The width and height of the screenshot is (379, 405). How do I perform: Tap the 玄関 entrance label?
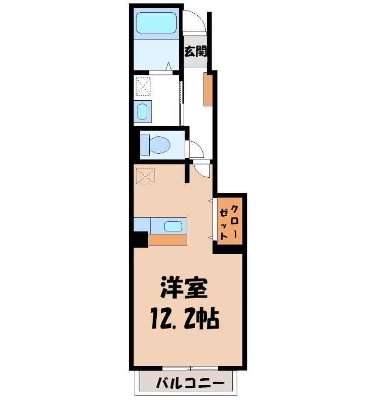coord(195,51)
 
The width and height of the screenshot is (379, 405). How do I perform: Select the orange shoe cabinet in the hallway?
coord(207,89)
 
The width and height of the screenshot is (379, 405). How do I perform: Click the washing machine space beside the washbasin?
coord(144,86)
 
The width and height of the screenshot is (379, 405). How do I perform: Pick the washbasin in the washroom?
coord(143,111)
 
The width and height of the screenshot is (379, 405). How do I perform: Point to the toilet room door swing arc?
coord(196,149)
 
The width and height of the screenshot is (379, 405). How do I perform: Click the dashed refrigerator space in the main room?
coord(145,176)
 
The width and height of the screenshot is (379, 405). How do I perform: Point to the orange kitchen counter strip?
coord(168,240)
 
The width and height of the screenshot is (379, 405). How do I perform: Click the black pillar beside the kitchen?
coord(140,239)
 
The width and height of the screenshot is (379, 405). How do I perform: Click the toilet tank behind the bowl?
coord(144,144)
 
